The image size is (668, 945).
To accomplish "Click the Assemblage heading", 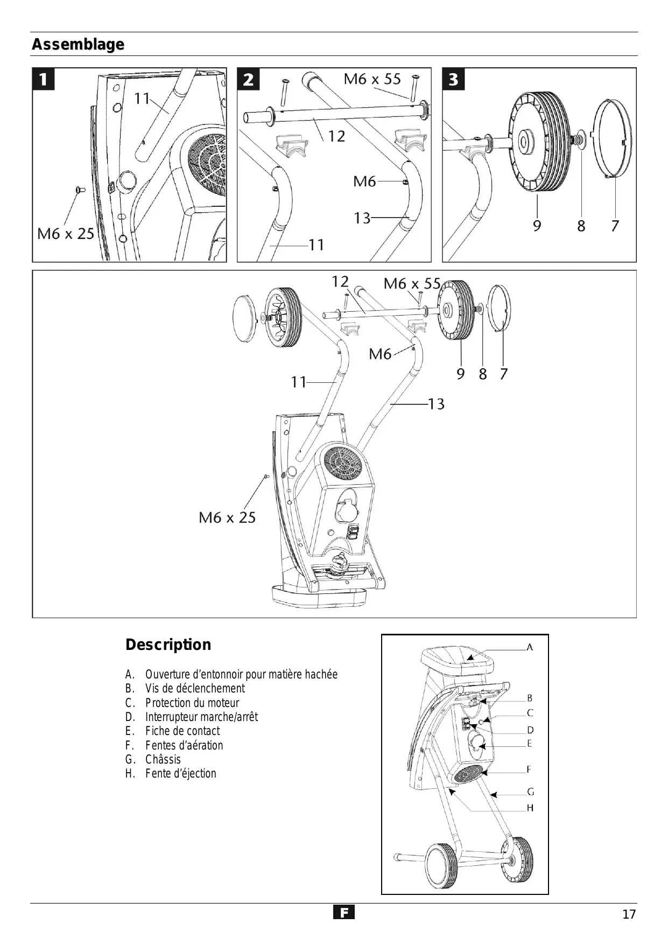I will click(x=78, y=44).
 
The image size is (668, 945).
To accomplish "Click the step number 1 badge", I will click(x=43, y=79).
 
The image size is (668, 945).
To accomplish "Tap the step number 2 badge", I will click(x=248, y=79).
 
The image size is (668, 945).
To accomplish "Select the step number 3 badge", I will click(x=453, y=79).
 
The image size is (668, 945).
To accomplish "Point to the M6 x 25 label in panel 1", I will click(x=65, y=234).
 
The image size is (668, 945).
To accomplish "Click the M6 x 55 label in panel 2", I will click(x=372, y=79).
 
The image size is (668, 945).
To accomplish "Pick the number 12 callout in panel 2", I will click(x=336, y=136).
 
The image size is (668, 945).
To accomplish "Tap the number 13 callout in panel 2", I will click(x=362, y=218).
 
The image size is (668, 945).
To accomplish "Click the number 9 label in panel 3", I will click(x=537, y=226).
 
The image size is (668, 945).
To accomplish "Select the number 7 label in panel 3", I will click(x=615, y=226).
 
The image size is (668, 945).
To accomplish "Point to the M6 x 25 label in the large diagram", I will click(x=227, y=517).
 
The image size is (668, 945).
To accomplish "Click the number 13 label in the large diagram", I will click(x=436, y=404).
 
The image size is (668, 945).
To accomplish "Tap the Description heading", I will click(x=168, y=645).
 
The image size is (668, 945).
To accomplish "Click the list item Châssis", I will click(x=163, y=759).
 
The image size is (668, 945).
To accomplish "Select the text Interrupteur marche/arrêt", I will click(x=201, y=717).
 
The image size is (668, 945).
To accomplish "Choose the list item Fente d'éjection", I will click(x=180, y=773).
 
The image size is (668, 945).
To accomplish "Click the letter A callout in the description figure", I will click(x=530, y=647).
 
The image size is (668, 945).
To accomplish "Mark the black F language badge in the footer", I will click(x=343, y=912).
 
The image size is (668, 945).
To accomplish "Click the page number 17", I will click(x=629, y=914).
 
